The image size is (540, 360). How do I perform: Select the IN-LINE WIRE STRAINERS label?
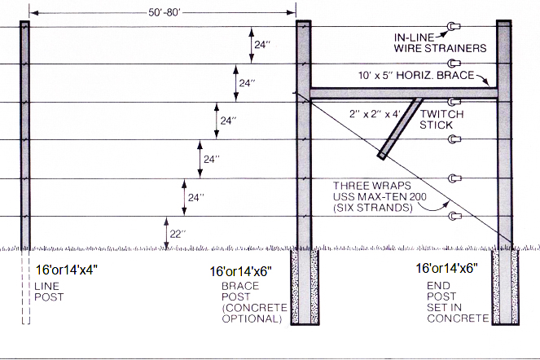pyautogui.click(x=440, y=42)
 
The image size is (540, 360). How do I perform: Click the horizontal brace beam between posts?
pyautogui.click(x=403, y=94)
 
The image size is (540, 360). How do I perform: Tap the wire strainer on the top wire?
pyautogui.click(x=450, y=27)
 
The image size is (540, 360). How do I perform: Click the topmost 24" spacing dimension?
pyautogui.click(x=261, y=46)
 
